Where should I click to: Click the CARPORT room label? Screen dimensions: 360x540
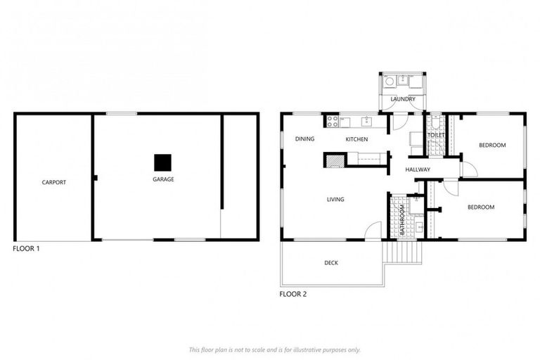click(x=54, y=182)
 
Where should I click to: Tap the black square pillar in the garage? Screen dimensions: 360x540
click(x=163, y=162)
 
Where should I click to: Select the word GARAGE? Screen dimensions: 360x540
click(x=163, y=179)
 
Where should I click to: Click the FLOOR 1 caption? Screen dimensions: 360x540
click(x=27, y=248)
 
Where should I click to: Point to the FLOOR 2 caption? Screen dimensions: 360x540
click(x=292, y=294)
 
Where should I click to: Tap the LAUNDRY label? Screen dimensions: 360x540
click(x=403, y=99)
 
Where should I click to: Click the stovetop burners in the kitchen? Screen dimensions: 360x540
click(x=333, y=122)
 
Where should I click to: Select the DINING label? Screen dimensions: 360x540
click(x=304, y=139)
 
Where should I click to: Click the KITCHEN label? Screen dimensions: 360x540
click(x=356, y=139)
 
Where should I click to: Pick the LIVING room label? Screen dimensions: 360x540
click(x=335, y=200)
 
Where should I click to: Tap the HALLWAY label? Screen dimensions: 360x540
click(x=418, y=169)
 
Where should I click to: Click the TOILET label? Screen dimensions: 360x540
click(x=436, y=135)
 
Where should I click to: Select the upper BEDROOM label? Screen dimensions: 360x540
click(x=492, y=146)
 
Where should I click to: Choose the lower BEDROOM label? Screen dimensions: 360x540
click(x=481, y=207)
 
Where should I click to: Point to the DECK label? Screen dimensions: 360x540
click(x=331, y=263)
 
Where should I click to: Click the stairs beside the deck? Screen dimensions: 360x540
click(x=402, y=252)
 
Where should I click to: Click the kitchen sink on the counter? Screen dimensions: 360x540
click(x=366, y=121)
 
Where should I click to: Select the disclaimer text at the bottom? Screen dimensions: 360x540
click(x=275, y=349)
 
